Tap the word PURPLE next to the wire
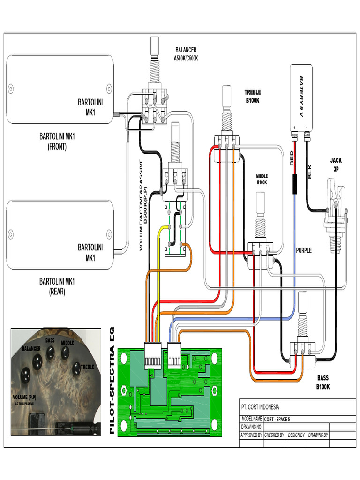coord(304,250)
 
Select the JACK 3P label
coord(336,165)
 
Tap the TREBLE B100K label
coord(252,96)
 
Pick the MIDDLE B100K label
coord(262,179)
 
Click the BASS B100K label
coord(323,382)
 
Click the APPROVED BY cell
coord(251,435)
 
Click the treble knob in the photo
coord(76,368)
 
